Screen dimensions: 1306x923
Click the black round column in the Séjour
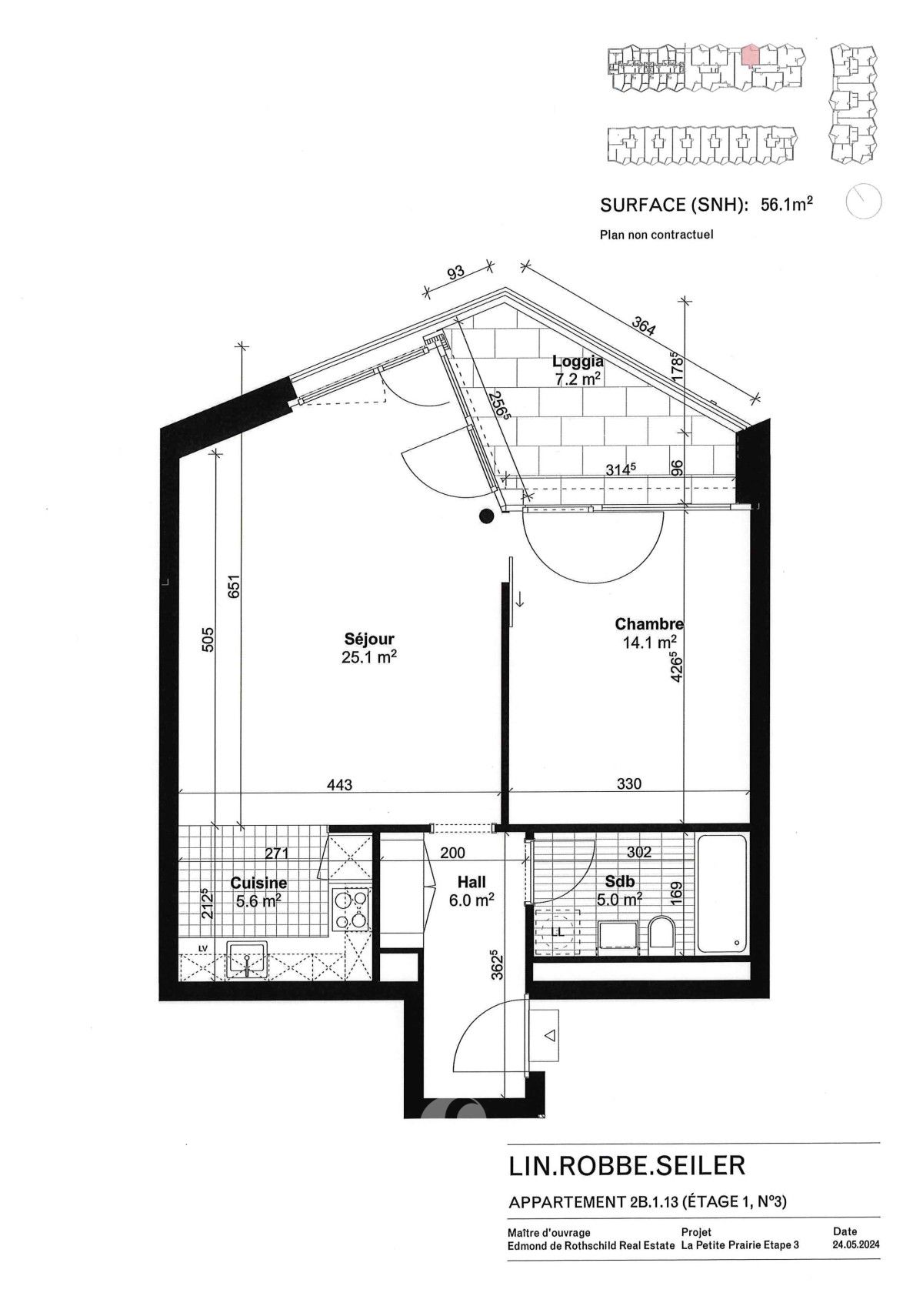click(486, 517)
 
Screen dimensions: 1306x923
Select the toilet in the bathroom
click(661, 934)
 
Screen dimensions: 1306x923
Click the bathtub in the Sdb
click(721, 894)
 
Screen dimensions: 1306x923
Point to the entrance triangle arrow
click(549, 1036)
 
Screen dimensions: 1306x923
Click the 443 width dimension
click(339, 785)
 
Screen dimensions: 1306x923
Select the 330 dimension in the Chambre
click(628, 784)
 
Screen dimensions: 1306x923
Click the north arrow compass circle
click(863, 202)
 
